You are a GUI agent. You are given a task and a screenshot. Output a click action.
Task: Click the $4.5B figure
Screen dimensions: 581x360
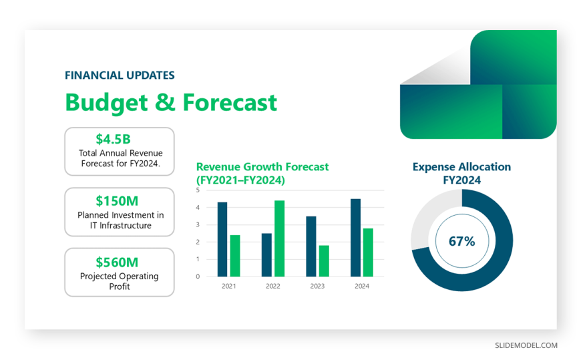(113, 139)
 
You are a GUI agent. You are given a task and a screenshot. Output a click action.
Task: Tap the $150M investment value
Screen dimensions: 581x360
(117, 201)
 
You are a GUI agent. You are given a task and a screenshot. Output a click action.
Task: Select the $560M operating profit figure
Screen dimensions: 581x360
(117, 262)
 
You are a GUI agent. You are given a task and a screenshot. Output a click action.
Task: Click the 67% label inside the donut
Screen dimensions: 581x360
(461, 241)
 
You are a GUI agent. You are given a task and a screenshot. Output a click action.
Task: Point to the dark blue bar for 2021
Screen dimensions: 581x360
(222, 239)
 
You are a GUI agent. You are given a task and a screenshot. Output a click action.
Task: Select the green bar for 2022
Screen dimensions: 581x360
(279, 238)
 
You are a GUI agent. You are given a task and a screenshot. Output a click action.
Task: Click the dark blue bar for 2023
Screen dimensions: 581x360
(311, 246)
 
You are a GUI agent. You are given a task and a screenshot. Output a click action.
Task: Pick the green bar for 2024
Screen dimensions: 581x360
(368, 252)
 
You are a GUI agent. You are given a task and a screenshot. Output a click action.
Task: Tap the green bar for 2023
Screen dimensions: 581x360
(324, 261)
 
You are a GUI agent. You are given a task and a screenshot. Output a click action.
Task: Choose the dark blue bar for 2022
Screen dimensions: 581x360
(266, 255)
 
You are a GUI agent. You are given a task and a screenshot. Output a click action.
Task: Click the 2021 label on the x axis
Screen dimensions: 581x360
(228, 287)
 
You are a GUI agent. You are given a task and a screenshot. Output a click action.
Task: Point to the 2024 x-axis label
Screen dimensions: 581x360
(362, 287)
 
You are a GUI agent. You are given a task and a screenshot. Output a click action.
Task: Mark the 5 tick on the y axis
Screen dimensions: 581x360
(198, 190)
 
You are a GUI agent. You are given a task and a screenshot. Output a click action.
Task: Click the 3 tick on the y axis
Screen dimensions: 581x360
(198, 224)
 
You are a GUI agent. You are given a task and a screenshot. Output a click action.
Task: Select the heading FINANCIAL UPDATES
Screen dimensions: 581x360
(120, 75)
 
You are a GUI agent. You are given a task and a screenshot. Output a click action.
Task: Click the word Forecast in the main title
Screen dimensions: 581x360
(230, 102)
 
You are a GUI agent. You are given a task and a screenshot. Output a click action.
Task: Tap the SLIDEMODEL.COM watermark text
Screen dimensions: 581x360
(526, 345)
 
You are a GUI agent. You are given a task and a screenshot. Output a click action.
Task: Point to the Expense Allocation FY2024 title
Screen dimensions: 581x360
(461, 173)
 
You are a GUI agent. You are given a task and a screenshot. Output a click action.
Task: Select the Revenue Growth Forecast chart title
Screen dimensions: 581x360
(262, 173)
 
